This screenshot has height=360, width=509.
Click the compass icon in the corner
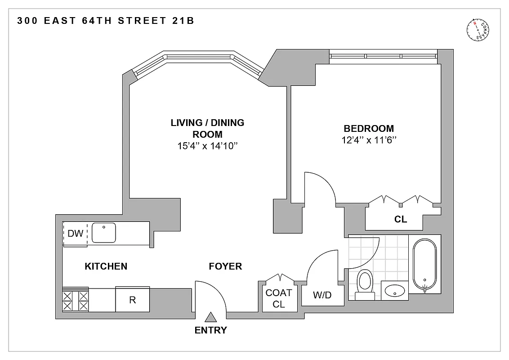point(478,31)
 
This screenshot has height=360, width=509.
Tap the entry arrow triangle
point(210,318)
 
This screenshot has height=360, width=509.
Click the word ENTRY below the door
point(210,330)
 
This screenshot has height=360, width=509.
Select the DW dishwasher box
point(75,234)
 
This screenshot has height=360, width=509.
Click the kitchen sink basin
point(104,233)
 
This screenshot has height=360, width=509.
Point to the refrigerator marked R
point(133,300)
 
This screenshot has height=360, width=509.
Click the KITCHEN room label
point(106,266)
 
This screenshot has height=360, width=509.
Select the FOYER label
point(225,266)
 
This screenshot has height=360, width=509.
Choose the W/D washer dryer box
point(322,295)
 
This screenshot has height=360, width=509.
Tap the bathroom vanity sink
point(394,290)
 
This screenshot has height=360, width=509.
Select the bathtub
point(424,265)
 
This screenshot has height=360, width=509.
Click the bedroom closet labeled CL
point(400,220)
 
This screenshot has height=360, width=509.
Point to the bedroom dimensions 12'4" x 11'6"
point(369,140)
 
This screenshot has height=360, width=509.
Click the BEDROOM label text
point(369,128)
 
